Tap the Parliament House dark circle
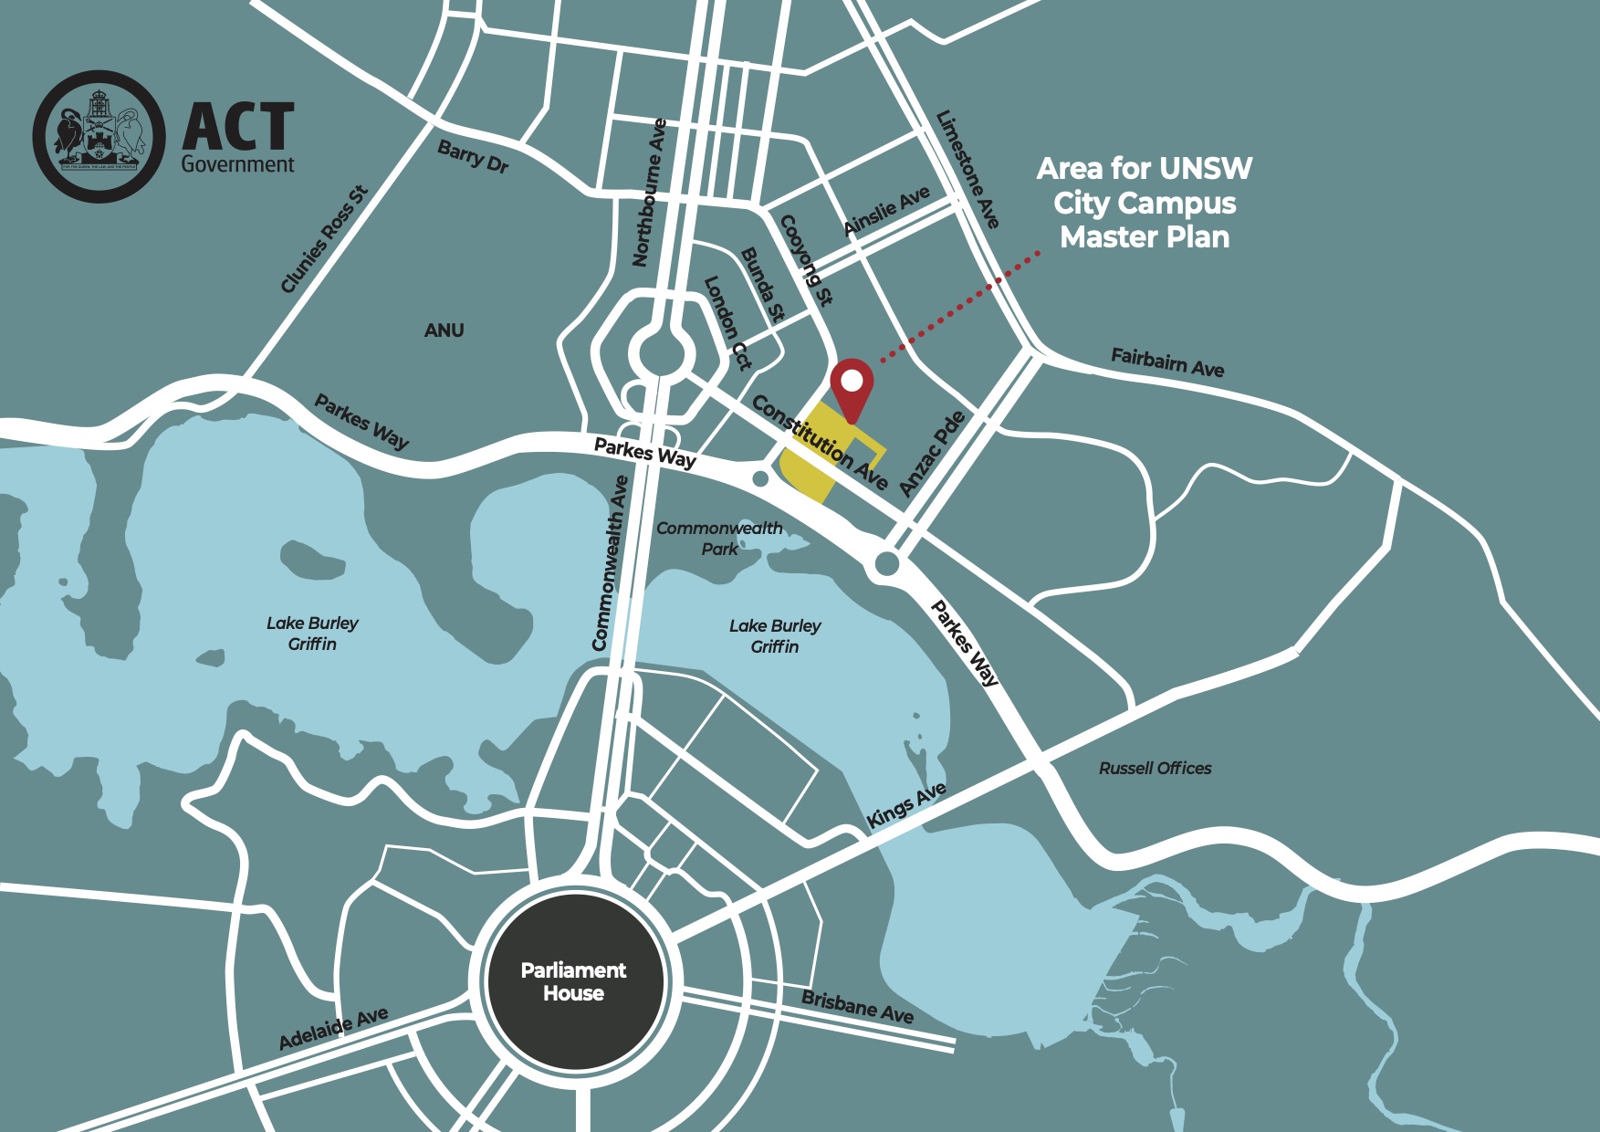coord(573,981)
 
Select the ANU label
coord(444,330)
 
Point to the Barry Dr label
coord(473,156)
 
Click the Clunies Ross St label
coord(324,240)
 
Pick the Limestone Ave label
coord(967,169)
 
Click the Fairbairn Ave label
coord(1167,362)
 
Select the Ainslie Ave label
coord(886,211)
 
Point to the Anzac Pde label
coord(932,454)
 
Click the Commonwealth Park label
coord(719,539)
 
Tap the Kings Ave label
coord(905,805)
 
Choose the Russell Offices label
coord(1155,769)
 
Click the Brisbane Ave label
coord(857,1006)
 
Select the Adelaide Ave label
coord(333,1029)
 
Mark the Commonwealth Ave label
coord(610,563)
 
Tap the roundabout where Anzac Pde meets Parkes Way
coord(886,566)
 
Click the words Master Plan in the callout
coord(1145,237)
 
